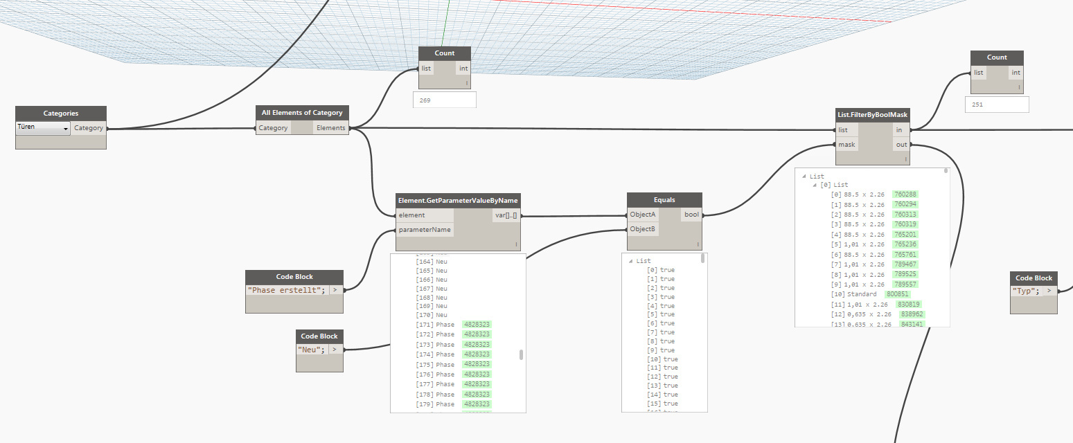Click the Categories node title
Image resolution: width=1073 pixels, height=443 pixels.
[x=61, y=114]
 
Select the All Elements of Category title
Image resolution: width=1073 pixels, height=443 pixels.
[x=301, y=113]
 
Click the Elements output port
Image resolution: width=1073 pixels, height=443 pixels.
[x=330, y=128]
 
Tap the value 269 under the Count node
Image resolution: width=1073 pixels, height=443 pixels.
[x=444, y=100]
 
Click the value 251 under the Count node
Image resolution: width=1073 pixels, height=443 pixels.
[x=996, y=105]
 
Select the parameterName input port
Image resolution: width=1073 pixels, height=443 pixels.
[x=425, y=230]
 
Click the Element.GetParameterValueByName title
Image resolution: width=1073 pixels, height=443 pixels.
[x=458, y=201]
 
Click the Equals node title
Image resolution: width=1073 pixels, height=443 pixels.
[x=664, y=200]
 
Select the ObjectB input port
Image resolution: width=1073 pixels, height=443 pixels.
[x=642, y=229]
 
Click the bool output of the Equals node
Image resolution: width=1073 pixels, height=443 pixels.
[x=691, y=215]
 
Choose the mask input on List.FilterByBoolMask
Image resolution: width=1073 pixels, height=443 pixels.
[x=846, y=145]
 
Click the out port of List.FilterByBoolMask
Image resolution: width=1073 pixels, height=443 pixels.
[x=901, y=145]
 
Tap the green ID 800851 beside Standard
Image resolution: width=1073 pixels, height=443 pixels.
[x=897, y=294]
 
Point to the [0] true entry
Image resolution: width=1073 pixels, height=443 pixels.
[x=661, y=270]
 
